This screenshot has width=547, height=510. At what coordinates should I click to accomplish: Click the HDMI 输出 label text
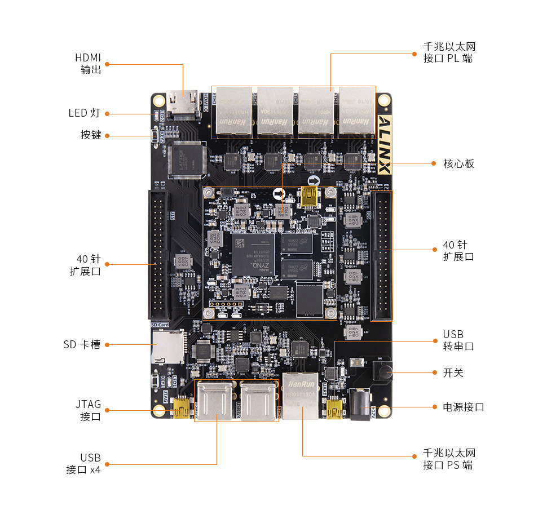[88, 64]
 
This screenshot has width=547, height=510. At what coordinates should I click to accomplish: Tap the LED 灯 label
[85, 113]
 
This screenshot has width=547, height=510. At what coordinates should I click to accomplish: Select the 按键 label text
[91, 135]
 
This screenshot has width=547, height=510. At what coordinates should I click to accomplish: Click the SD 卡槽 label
[82, 344]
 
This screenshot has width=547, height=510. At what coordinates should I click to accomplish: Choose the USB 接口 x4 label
[83, 464]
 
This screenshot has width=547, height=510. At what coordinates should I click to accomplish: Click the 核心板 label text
[458, 163]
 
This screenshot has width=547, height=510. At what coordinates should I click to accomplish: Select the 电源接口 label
[463, 407]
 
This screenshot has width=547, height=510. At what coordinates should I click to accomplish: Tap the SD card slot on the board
[167, 347]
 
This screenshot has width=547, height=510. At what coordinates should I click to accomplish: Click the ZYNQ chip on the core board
[253, 254]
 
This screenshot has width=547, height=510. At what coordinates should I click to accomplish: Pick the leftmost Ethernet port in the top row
[233, 112]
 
